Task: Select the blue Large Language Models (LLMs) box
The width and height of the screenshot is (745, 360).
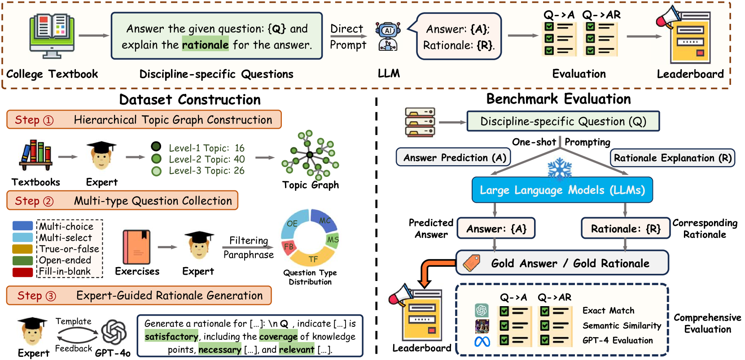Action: click(562, 190)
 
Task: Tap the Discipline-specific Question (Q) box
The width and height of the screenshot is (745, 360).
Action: click(563, 121)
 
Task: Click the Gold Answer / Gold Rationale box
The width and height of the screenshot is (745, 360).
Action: click(562, 263)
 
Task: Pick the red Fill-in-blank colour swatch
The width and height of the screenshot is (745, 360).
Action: click(22, 272)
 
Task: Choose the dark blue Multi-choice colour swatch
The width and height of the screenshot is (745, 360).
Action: click(22, 226)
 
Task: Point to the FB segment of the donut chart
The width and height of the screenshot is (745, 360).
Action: click(289, 247)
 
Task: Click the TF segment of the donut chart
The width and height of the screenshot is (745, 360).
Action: click(312, 259)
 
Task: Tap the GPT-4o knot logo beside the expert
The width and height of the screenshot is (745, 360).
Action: click(114, 332)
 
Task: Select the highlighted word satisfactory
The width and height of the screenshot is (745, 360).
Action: click(171, 336)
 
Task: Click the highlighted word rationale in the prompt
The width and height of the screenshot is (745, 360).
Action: click(205, 45)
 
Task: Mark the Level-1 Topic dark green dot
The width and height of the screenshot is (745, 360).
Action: click(156, 147)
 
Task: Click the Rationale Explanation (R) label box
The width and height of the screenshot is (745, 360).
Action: click(672, 158)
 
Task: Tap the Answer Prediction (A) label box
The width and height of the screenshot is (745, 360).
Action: click(454, 158)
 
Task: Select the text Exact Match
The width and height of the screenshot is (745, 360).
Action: click(608, 311)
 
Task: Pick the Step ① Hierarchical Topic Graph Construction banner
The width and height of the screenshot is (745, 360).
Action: click(144, 120)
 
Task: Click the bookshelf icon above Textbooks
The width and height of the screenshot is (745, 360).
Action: click(36, 155)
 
